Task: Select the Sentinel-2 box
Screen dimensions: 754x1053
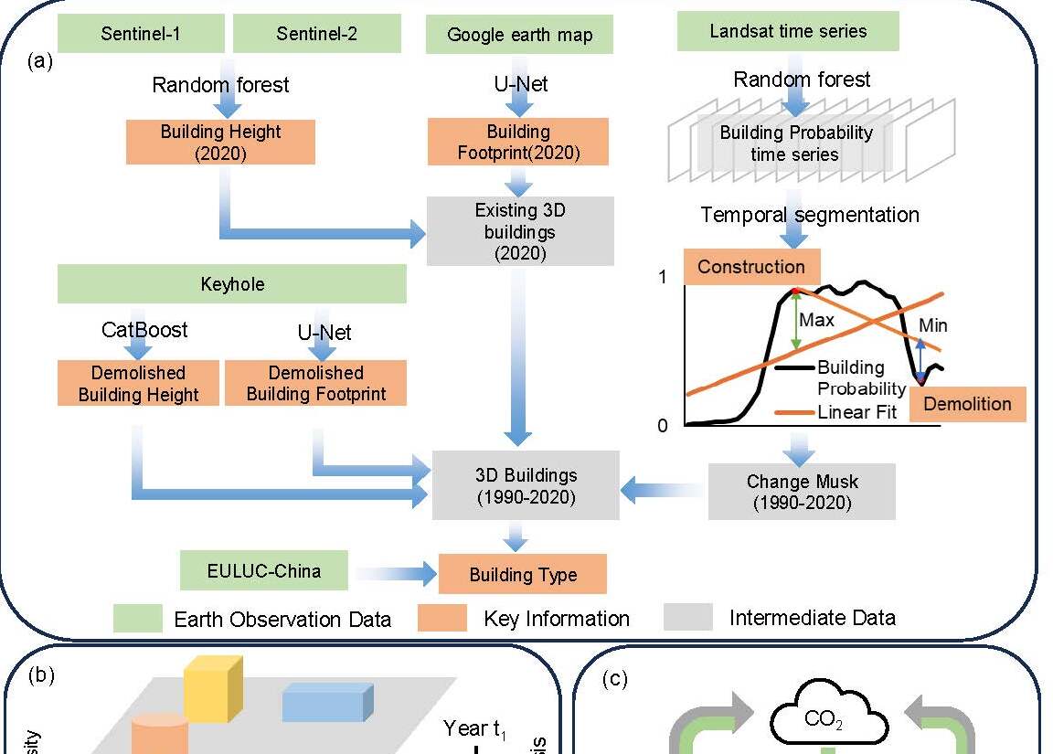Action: pos(316,35)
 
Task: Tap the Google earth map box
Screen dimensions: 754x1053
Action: pos(519,36)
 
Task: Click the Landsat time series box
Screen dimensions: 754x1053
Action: pos(788,32)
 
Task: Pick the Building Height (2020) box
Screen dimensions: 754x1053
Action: pos(220,143)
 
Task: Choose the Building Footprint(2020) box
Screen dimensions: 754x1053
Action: pos(518,143)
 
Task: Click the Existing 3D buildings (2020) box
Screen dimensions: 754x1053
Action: pos(519,231)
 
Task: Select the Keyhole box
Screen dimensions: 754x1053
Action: pos(232,284)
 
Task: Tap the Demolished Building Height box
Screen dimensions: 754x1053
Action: pos(138,384)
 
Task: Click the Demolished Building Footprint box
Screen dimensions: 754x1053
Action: pos(316,384)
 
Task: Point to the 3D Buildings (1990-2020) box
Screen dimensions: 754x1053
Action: pos(526,486)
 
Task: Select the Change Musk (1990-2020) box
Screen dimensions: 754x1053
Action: pos(801,492)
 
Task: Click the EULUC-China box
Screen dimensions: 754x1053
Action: pos(264,572)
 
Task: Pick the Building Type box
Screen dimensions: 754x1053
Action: pos(523,575)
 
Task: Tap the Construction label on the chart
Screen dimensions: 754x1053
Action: pos(751,267)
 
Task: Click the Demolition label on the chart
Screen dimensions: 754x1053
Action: pos(967,404)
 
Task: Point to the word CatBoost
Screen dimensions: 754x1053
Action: pos(144,330)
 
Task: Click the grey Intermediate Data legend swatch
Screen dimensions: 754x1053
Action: pos(687,617)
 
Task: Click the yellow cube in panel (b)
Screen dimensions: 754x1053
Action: pos(212,687)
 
